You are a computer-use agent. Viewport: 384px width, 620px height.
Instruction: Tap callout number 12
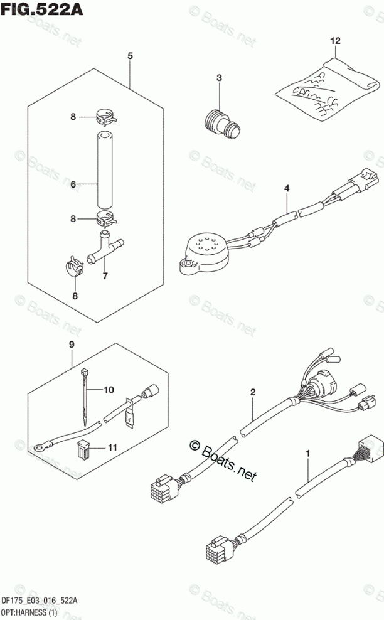coord(335,41)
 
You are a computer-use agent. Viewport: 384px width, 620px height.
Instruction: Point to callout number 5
coord(130,56)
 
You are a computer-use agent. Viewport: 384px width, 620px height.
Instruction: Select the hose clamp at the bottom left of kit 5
coord(75,268)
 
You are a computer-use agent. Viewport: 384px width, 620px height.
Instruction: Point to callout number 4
coord(287,188)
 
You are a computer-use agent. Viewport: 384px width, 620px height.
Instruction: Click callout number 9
coord(72,345)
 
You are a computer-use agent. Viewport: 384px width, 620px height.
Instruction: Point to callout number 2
coord(253,393)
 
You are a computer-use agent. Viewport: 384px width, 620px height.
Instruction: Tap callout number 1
coord(308,452)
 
